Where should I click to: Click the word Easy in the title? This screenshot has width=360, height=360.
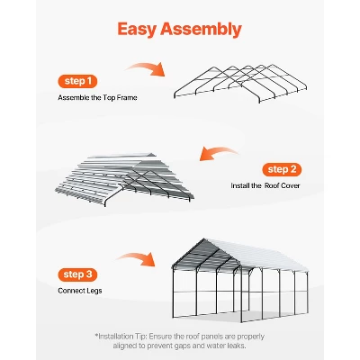(x=137, y=30)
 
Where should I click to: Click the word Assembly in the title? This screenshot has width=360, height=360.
(x=201, y=30)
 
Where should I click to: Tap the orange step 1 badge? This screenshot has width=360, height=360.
(x=77, y=81)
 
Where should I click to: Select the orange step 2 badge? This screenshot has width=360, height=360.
(x=282, y=169)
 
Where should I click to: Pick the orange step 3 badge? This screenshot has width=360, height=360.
(x=77, y=274)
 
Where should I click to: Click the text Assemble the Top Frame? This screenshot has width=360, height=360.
(x=97, y=98)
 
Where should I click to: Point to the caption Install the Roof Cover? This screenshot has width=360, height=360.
(x=265, y=185)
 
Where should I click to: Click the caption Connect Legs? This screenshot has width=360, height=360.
(x=80, y=291)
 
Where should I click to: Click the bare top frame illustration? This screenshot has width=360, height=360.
(x=240, y=83)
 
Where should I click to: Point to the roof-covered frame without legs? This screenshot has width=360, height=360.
(x=124, y=179)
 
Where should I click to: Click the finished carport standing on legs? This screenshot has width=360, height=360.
(x=240, y=280)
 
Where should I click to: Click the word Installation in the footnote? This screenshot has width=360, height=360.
(x=116, y=337)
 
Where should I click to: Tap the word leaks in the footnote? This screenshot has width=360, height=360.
(x=237, y=346)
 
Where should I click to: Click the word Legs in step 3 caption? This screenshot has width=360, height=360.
(x=94, y=291)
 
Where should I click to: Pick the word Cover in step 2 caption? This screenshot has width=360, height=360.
(x=291, y=185)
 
